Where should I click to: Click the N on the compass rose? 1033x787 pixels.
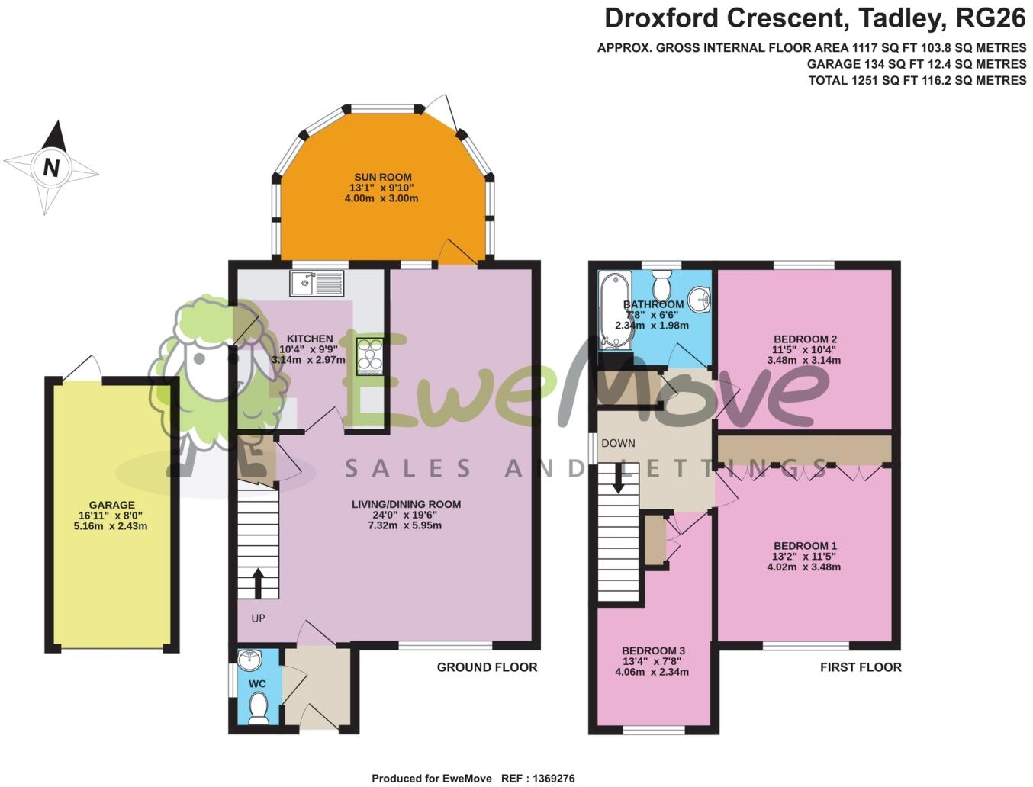pos(51,167)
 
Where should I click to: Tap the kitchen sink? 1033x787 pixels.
pos(317,284)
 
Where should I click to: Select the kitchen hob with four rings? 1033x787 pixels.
pos(370,356)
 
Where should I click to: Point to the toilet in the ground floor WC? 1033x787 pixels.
pos(259,707)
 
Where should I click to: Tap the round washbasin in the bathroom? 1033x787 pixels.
pos(699,298)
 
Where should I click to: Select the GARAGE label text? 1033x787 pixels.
pos(111,505)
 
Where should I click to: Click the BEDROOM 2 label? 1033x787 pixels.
pos(805,339)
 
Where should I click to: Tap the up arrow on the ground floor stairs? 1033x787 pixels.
pos(258,583)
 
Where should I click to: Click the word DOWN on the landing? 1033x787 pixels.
pos(618,443)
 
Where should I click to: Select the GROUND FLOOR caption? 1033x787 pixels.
pos(487,667)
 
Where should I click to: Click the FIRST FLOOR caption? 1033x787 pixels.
pos(861,667)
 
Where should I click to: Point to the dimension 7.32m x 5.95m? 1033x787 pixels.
pos(406,525)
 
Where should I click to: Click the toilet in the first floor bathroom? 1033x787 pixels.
pos(661,286)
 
